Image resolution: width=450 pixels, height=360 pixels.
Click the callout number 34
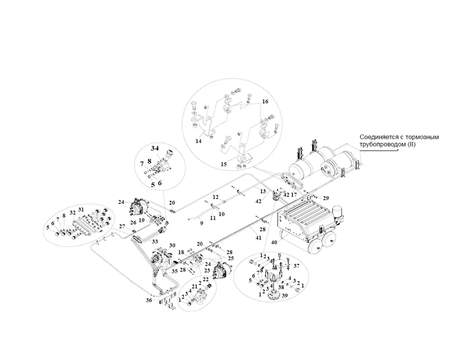click(155, 148)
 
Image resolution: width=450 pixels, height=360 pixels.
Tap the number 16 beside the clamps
click(265, 102)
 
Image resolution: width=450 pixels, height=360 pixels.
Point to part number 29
click(326, 198)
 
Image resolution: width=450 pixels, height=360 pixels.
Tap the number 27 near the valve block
click(122, 226)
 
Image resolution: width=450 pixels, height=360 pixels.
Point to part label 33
click(156, 241)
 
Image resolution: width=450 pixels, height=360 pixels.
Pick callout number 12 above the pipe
click(216, 197)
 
